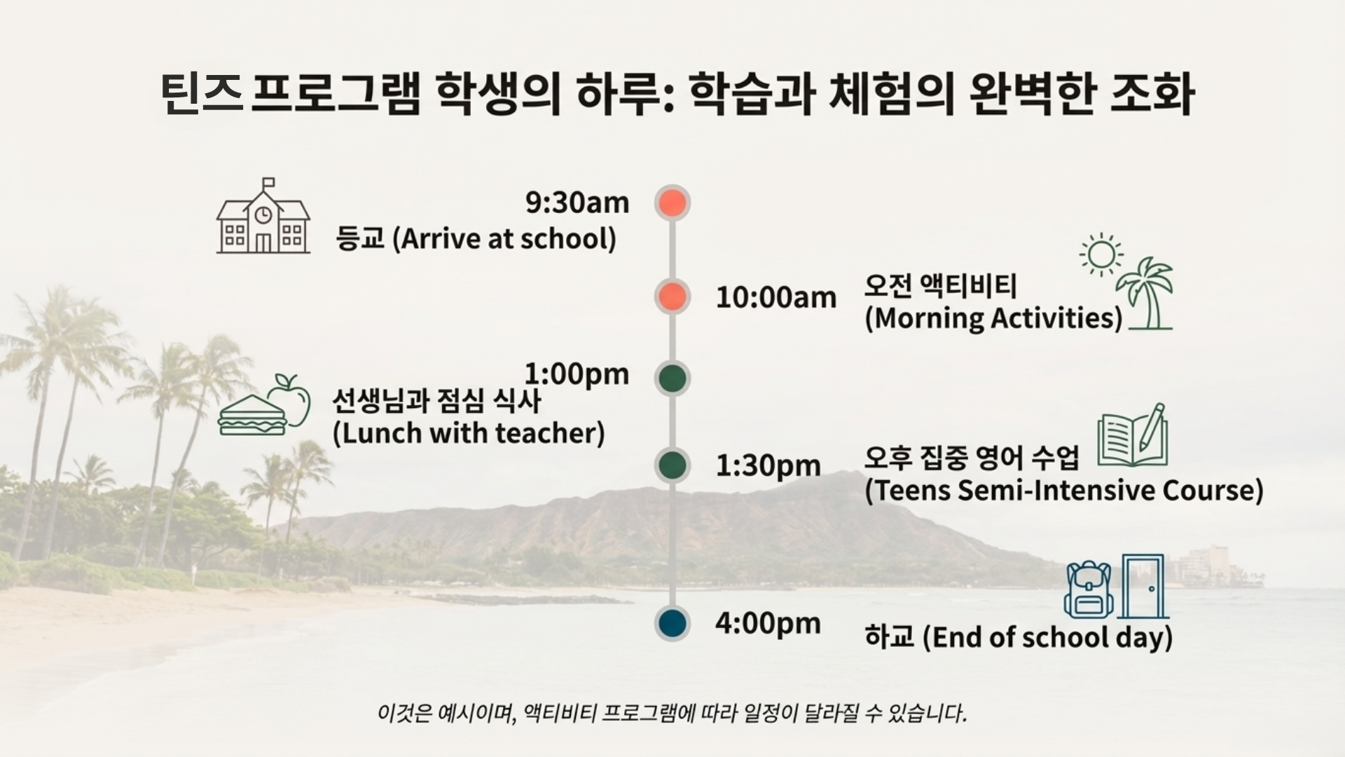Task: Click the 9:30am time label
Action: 577,203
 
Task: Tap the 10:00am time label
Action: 775,297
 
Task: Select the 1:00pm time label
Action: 577,374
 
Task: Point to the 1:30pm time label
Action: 768,465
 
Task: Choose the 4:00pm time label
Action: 768,623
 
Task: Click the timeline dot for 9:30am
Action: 672,203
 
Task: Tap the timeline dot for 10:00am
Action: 672,296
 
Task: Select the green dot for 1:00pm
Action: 672,378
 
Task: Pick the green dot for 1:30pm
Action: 672,465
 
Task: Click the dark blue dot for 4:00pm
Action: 672,623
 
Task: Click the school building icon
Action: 263,217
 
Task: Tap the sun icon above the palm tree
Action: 1101,254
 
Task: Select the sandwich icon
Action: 252,416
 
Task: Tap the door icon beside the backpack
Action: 1143,586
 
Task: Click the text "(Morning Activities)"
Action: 993,318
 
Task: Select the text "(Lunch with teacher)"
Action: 468,433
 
